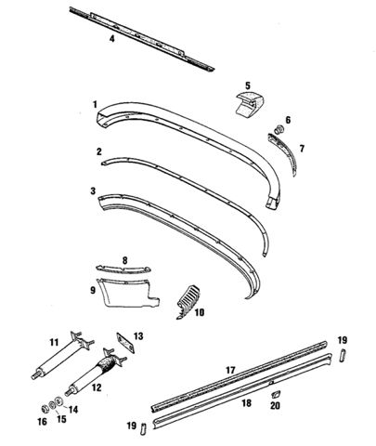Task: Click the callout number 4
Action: (112, 39)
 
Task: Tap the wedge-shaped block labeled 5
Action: (250, 103)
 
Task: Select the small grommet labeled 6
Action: (279, 129)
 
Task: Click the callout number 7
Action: (302, 149)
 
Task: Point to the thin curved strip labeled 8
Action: (123, 269)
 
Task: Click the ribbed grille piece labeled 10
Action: (188, 302)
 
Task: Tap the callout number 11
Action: (54, 342)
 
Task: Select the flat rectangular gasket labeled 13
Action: (125, 343)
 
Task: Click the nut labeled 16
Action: (45, 409)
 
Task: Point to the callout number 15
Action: (61, 419)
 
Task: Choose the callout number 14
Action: (73, 410)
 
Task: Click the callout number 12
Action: (97, 387)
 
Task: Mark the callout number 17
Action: (230, 370)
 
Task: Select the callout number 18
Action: (247, 403)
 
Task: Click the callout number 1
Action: (95, 104)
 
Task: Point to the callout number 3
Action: (93, 191)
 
